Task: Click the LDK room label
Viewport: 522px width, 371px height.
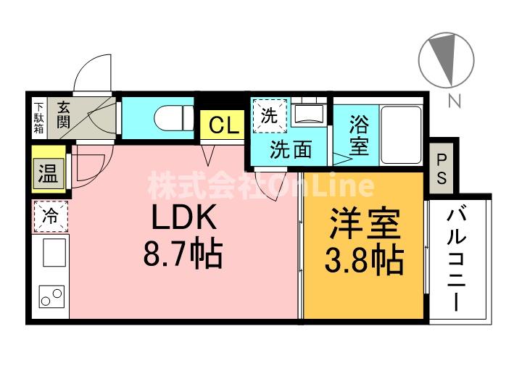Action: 184,217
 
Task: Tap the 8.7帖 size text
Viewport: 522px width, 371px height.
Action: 183,255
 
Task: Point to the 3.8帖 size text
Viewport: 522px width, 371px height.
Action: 364,260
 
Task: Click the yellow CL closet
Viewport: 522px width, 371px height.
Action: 223,126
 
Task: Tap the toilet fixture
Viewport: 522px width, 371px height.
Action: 174,118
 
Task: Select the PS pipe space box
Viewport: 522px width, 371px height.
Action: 442,168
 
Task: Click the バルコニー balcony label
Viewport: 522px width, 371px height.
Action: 456,259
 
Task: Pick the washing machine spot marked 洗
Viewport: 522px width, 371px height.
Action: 269,116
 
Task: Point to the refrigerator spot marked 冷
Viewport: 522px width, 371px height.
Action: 51,217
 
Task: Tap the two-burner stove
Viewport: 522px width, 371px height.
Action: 51,297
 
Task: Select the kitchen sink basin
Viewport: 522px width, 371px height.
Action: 54,253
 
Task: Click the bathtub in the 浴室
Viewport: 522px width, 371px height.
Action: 401,135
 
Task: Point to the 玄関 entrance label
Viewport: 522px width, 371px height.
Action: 64,115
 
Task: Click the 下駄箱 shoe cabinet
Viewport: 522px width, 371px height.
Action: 40,118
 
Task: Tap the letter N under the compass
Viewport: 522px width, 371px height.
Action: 454,101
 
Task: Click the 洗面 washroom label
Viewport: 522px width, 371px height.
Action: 291,150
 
